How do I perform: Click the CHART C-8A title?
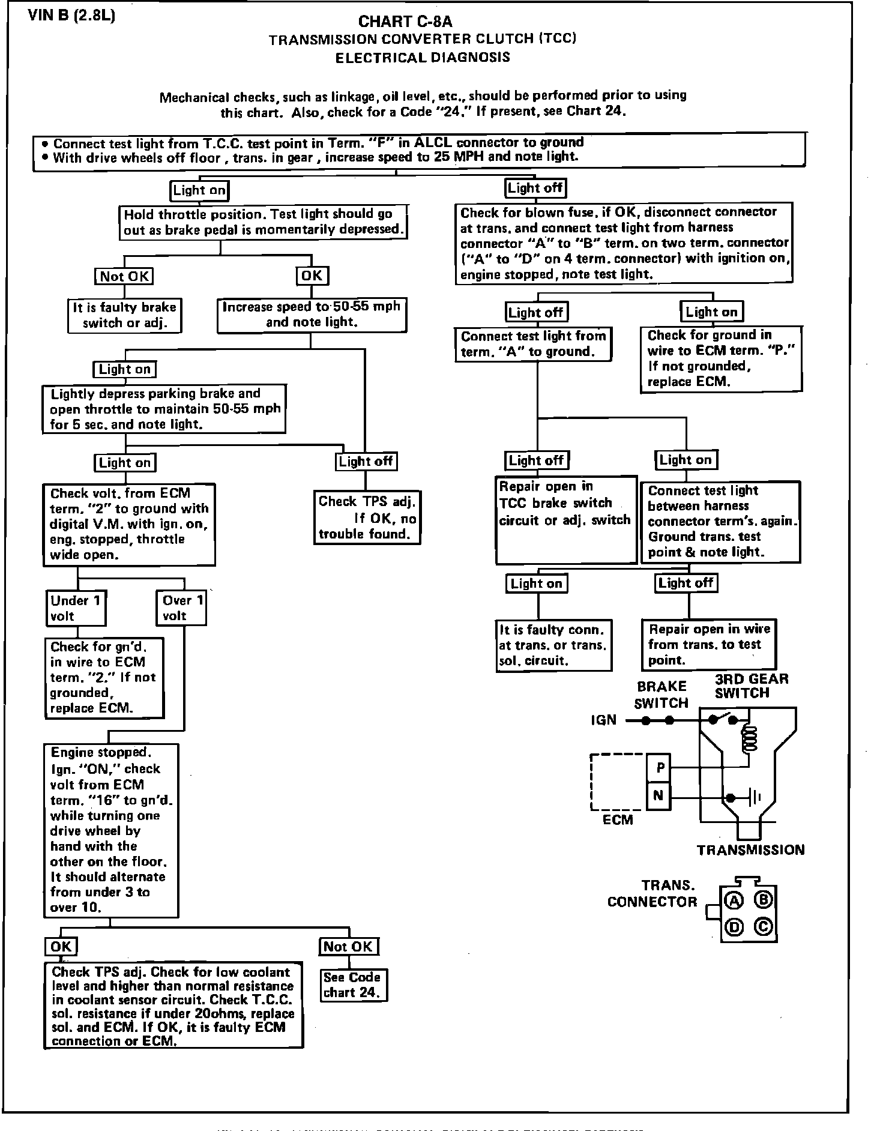(405, 22)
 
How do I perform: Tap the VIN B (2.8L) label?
(71, 15)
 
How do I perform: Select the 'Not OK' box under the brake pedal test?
(124, 276)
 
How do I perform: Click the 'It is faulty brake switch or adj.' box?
(124, 315)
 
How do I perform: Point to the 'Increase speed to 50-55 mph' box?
(311, 315)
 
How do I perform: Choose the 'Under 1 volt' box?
(76, 608)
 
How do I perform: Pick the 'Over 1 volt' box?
(182, 608)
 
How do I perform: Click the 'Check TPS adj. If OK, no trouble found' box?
(367, 517)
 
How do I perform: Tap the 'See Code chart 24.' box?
(352, 985)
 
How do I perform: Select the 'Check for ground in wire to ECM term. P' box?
(720, 359)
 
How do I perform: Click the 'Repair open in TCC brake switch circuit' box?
(565, 520)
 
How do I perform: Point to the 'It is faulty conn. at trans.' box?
(553, 645)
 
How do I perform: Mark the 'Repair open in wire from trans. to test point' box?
(708, 645)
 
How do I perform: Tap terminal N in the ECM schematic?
(659, 795)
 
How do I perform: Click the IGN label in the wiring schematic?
(603, 720)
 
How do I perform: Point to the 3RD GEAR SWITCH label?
(751, 686)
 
